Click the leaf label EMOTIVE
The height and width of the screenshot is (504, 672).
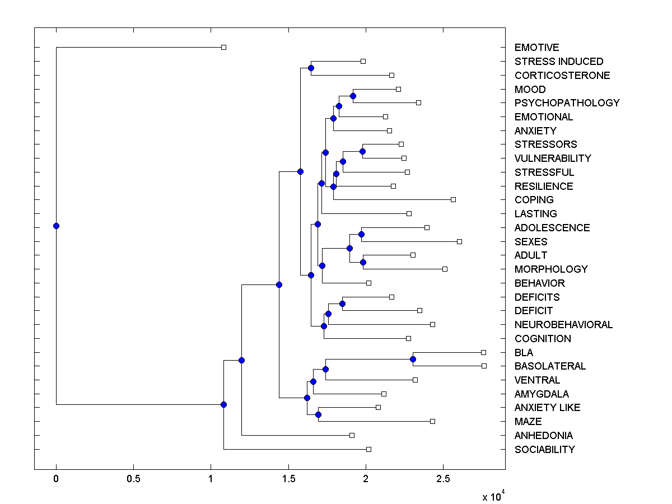536,48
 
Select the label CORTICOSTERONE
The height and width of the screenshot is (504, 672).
562,76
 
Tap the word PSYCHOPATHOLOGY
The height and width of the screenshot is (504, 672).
567,103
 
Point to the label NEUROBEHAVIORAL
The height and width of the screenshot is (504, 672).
563,325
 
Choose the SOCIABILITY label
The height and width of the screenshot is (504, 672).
544,450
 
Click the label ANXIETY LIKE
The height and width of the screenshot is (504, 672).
547,408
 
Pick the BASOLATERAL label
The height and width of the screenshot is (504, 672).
550,366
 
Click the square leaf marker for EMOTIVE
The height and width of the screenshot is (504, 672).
223,47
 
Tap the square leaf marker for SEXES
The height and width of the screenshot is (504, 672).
459,241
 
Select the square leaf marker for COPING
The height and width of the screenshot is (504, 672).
453,199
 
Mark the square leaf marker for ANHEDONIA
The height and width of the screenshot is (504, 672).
352,435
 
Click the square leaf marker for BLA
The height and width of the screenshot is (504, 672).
483,352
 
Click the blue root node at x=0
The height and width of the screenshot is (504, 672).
56,226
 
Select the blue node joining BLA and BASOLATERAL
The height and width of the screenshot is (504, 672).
413,359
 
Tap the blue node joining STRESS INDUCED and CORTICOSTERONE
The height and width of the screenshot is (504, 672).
311,68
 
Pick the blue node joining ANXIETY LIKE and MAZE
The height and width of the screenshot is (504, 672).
318,414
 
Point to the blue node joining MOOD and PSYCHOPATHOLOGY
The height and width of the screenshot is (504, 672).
353,96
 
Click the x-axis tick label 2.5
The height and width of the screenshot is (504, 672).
443,479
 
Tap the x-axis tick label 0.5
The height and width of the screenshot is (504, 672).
133,479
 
